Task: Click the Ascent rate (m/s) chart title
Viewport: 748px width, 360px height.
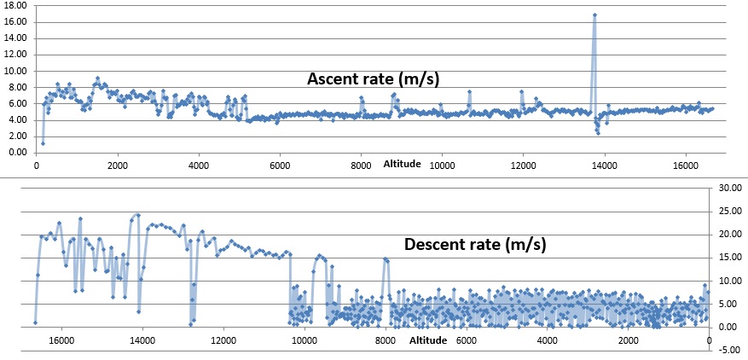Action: pos(378,79)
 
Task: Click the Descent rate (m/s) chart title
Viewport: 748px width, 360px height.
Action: pos(475,245)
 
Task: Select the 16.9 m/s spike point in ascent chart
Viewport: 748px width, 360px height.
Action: pos(594,15)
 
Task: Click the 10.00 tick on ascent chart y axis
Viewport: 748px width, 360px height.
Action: pos(17,71)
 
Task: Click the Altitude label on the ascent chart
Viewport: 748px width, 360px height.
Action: pos(402,163)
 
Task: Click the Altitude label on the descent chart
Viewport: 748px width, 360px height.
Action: pos(427,340)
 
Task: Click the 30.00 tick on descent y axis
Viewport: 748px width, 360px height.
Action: pos(732,188)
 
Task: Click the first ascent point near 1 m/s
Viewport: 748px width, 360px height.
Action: pos(43,142)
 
